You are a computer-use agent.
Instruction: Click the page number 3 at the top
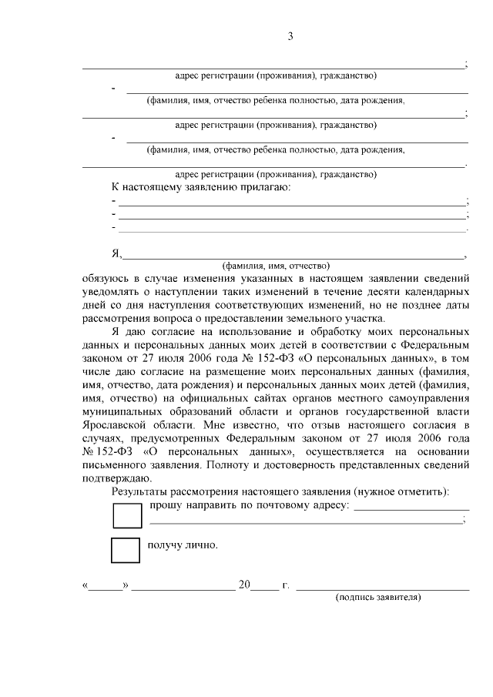(290, 36)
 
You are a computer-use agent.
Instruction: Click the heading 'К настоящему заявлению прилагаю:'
(202, 187)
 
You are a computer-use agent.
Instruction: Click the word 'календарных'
(437, 293)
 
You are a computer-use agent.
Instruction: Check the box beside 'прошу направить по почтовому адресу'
(127, 515)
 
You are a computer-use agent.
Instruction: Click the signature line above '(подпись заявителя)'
(383, 588)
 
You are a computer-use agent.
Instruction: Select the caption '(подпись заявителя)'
(378, 598)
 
